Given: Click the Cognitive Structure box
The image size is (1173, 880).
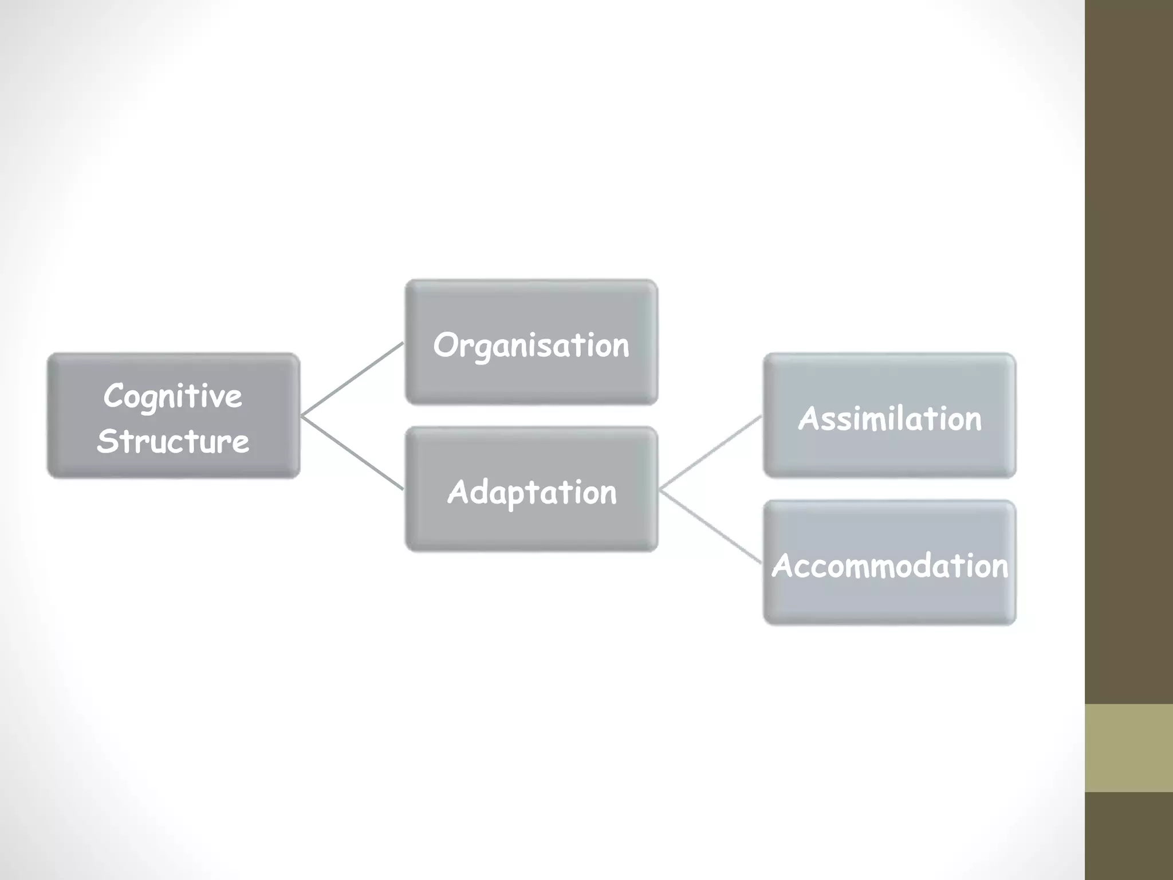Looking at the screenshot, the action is pos(174,416).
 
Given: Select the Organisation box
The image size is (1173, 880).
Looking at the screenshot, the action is pos(532,343).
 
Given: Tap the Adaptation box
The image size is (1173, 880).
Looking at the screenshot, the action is pos(532,489).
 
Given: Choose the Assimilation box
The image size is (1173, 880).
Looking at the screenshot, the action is pos(889,416).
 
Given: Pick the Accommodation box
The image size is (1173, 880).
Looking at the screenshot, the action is pos(889,563).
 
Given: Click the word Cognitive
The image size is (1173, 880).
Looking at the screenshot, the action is pos(173,396).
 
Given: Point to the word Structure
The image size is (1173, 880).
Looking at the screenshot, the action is pos(173,441).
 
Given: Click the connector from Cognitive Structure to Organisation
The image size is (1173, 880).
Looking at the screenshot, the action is pos(352,379).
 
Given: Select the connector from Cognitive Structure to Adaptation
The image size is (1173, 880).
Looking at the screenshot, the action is pos(352,453).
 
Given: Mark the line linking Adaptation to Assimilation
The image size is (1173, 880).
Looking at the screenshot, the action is pos(711,453).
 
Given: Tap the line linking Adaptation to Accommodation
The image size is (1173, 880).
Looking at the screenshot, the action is pos(711,526).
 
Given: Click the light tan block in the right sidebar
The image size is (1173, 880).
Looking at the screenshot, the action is pos(1129,748).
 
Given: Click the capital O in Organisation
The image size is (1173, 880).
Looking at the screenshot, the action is pos(446,345).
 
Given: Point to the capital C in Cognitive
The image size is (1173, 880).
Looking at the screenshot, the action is pos(115,395).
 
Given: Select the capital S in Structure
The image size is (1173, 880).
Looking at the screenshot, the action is pos(107,441).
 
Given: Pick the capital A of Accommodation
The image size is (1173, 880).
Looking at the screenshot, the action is pos(784,566).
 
